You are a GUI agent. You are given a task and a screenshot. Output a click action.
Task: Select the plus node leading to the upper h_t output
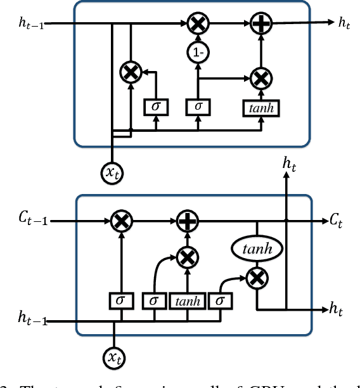point(260,24)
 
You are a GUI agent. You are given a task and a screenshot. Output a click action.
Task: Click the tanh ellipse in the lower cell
point(257,249)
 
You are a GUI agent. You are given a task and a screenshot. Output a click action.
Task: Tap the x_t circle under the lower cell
point(113,358)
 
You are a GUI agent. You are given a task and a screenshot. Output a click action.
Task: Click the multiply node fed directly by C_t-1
point(120,221)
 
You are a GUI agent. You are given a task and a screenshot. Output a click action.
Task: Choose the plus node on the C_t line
point(187,221)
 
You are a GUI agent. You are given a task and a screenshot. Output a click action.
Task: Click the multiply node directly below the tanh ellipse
point(257,276)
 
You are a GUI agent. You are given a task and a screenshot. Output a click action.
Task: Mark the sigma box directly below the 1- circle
point(198,106)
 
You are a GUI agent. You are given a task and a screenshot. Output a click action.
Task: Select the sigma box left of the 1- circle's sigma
point(155,106)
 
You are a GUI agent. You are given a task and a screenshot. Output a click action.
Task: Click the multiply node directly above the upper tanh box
point(260,78)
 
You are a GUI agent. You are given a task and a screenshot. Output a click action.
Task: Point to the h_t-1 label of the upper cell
point(32,25)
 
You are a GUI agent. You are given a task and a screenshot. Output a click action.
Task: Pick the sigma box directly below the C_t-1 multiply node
point(120,301)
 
